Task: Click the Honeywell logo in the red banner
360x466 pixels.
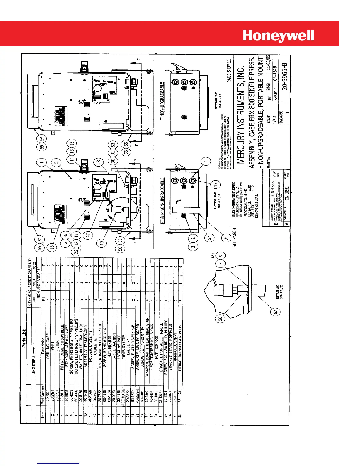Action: click(x=278, y=36)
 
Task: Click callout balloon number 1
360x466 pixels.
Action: click(x=42, y=162)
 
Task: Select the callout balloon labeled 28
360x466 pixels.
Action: click(x=99, y=162)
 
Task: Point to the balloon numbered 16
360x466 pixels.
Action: click(x=53, y=247)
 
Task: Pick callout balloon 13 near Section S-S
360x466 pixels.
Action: click(x=216, y=184)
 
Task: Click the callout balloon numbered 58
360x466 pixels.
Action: click(x=220, y=318)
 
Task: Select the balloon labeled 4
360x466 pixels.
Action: click(x=206, y=161)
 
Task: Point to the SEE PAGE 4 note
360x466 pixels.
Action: click(x=234, y=237)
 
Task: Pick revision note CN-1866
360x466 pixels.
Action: click(x=273, y=188)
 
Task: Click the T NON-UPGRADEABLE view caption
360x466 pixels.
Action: click(x=162, y=101)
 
